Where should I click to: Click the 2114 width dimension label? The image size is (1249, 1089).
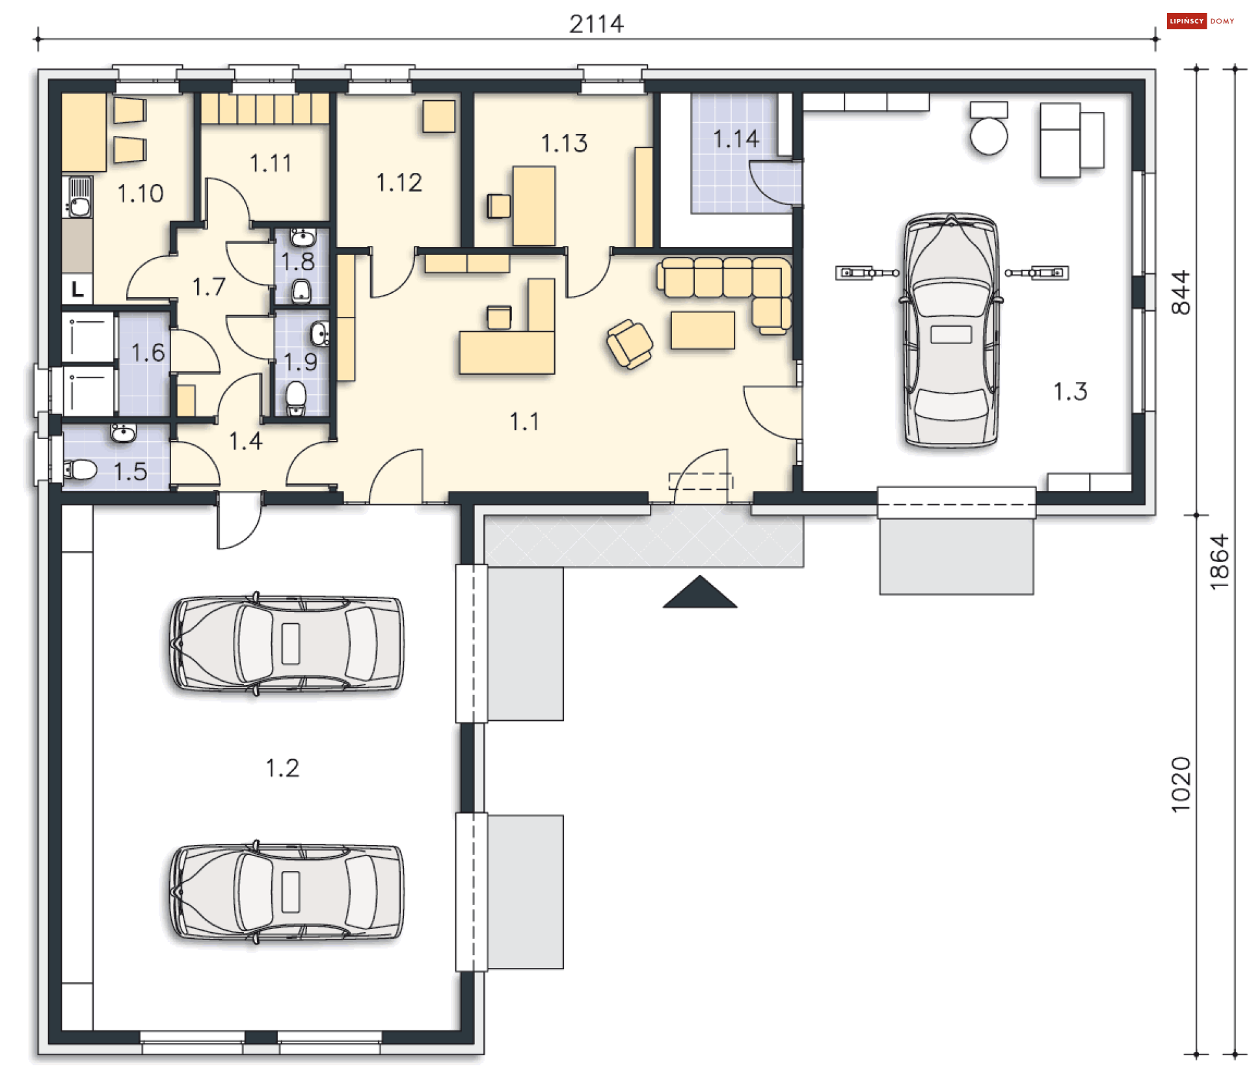click(x=597, y=24)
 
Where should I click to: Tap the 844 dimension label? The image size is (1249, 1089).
click(x=1181, y=293)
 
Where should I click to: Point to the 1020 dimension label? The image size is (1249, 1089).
click(x=1181, y=785)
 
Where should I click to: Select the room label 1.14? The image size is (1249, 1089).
click(x=736, y=139)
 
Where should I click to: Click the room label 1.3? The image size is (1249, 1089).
click(x=1070, y=392)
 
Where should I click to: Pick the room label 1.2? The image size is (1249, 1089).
click(x=282, y=768)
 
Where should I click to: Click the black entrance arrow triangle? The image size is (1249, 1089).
click(x=700, y=592)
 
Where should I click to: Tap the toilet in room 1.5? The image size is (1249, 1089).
click(x=80, y=469)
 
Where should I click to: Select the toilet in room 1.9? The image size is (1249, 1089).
click(x=296, y=397)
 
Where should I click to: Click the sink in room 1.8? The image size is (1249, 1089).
click(x=302, y=237)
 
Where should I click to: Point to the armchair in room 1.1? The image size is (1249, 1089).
click(x=629, y=344)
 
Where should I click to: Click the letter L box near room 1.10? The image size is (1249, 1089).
click(x=77, y=289)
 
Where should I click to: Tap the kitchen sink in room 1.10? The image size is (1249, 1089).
click(x=79, y=196)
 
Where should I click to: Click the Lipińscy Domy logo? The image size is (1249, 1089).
click(x=1201, y=21)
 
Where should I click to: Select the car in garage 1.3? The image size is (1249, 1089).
click(x=951, y=330)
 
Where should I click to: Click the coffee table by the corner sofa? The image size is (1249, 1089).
click(x=703, y=330)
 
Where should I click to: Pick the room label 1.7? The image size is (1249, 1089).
click(x=209, y=287)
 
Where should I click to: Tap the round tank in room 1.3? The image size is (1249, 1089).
click(x=989, y=136)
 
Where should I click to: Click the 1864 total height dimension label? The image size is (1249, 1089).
click(x=1219, y=562)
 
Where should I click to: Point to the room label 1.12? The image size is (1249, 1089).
click(x=399, y=183)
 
